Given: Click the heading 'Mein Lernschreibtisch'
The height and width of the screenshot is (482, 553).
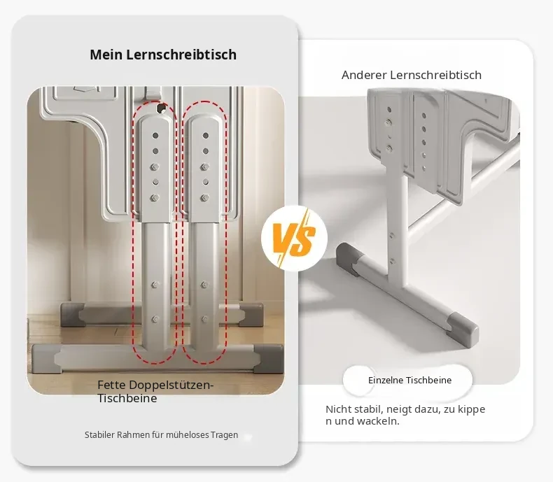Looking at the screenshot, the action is point(163,55).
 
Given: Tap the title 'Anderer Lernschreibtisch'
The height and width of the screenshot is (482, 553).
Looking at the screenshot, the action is point(411,75).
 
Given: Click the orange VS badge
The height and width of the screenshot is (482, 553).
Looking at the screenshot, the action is point(295,239).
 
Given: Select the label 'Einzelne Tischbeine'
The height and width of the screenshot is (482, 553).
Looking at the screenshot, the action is point(409,380).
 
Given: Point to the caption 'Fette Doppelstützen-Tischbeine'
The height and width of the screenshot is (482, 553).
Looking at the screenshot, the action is point(155,392).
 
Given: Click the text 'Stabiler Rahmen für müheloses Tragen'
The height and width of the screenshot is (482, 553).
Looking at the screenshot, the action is point(161,435).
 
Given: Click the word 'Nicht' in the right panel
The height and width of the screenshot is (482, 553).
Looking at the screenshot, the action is point(338,409).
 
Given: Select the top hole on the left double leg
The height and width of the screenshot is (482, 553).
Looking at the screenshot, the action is point(155,135).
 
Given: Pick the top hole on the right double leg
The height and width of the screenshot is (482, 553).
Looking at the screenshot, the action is point(205,135).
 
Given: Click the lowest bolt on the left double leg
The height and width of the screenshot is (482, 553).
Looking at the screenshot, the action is point(155,319).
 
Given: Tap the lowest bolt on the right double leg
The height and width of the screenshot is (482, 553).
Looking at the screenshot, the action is point(204,319).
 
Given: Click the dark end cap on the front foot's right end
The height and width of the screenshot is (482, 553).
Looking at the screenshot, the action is point(269,358).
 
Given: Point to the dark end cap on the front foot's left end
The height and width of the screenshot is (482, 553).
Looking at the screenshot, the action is point(45,358).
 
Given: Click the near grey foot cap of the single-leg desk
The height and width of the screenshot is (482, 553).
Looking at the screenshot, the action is point(464,328).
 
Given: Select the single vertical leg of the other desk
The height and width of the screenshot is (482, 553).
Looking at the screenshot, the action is point(397,225).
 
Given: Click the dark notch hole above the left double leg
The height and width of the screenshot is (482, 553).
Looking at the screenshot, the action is point(162,108).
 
